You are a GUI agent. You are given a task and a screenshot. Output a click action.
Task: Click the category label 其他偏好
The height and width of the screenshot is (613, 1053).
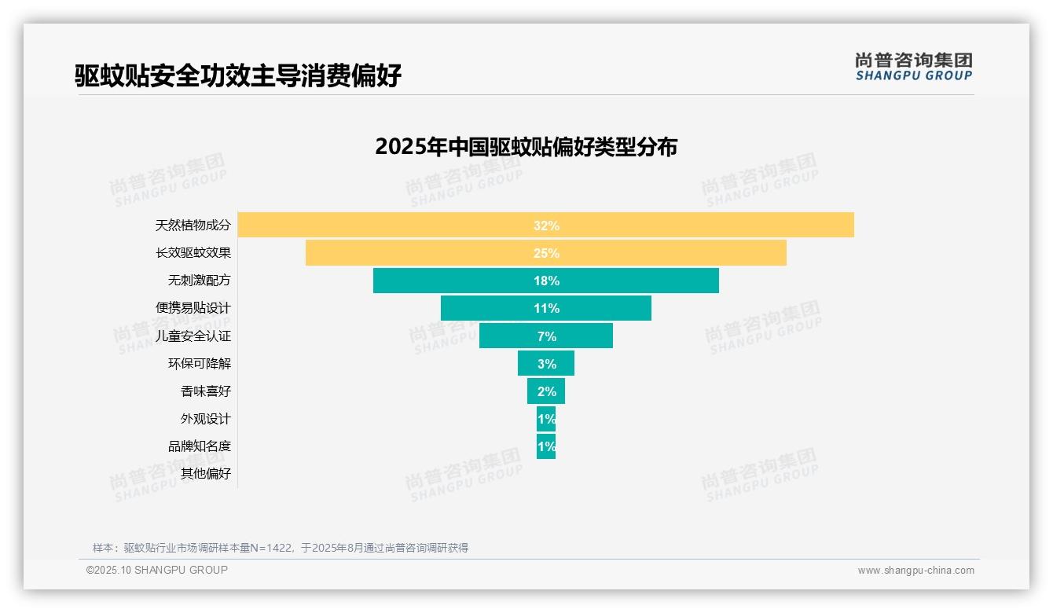click(x=206, y=473)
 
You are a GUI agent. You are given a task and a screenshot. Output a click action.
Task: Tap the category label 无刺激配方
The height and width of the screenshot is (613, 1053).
click(x=200, y=281)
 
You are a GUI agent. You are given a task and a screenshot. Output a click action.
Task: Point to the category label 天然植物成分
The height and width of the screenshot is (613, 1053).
click(x=193, y=226)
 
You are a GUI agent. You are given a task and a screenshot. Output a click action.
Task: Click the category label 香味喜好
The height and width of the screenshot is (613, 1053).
click(x=206, y=391)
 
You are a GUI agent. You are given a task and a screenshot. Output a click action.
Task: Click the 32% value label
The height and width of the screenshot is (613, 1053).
click(x=546, y=226)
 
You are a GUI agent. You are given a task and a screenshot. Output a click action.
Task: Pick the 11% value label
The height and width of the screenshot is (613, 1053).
click(x=546, y=308)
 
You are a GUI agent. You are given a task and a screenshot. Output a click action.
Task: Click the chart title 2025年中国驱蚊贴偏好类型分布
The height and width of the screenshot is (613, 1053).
click(x=526, y=147)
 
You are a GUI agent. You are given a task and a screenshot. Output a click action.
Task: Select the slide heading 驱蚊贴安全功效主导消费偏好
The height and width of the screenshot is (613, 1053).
click(x=238, y=75)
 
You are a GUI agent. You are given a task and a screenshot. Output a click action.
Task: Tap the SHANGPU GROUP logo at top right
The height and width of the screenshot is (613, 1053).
click(x=913, y=67)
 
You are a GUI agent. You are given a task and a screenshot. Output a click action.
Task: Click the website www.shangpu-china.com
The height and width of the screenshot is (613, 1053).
click(x=915, y=571)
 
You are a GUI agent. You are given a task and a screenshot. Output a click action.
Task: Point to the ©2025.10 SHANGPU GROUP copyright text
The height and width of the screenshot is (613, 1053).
click(x=157, y=570)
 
